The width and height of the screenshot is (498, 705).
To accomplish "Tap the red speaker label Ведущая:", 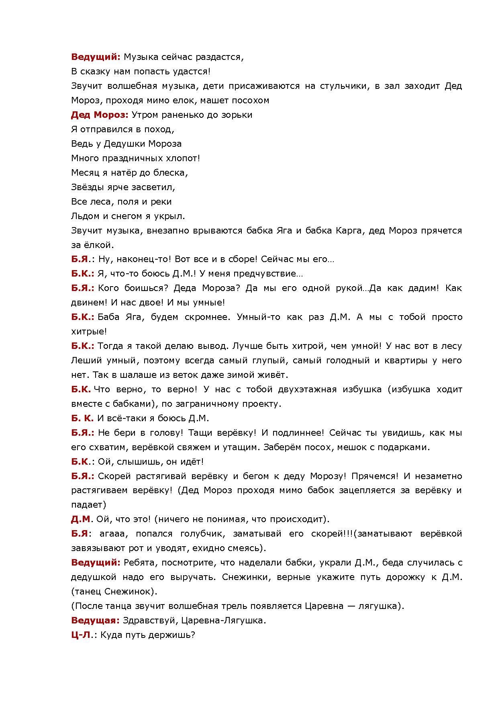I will pyautogui.click(x=95, y=620).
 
